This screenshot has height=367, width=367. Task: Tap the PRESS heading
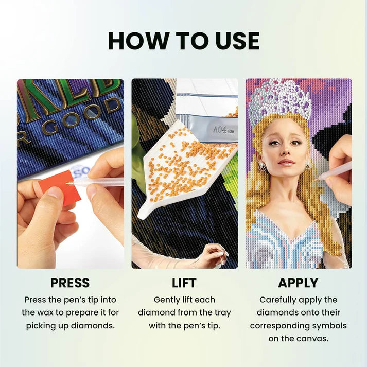[70, 283]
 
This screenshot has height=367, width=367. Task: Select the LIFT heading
[184, 283]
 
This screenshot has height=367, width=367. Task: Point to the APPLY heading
[298, 283]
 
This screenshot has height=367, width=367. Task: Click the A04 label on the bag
[220, 130]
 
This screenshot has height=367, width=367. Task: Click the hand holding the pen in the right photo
[340, 165]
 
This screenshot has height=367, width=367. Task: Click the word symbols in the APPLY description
[329, 326]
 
